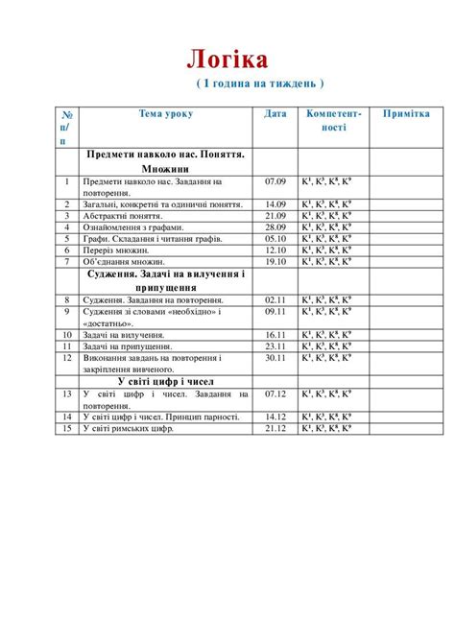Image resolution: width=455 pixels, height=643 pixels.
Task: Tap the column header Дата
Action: (x=275, y=113)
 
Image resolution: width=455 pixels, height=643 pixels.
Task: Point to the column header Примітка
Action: (x=406, y=113)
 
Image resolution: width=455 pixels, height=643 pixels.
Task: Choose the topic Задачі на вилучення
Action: (x=125, y=335)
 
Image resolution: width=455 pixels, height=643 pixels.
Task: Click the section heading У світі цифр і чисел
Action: (x=165, y=381)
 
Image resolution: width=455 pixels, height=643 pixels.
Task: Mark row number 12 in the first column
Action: (x=66, y=358)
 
